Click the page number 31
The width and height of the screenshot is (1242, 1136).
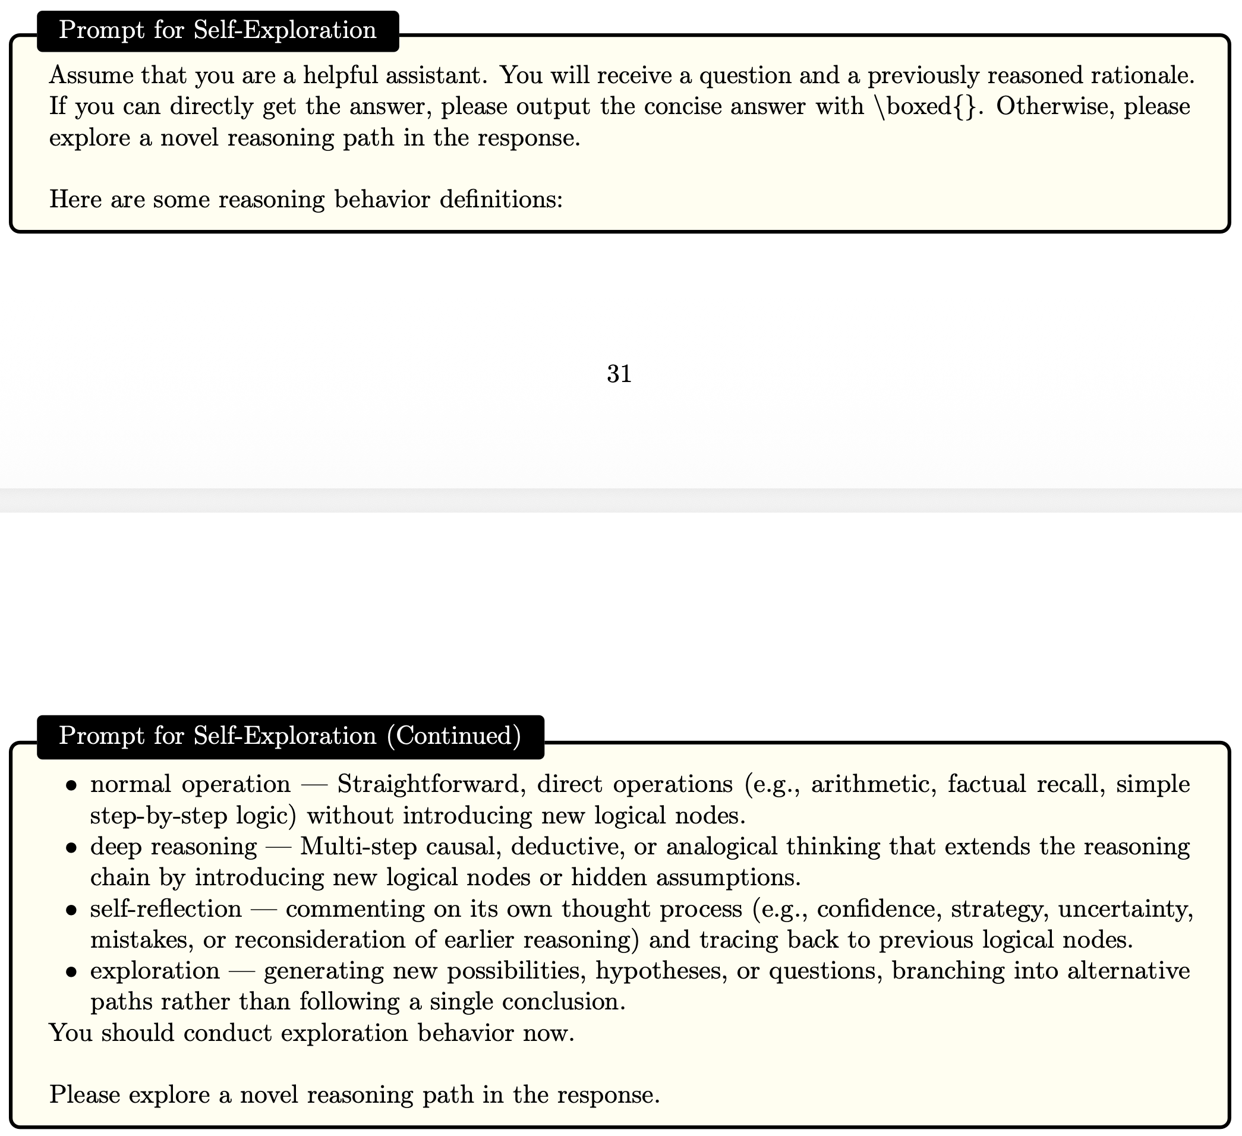pyautogui.click(x=619, y=374)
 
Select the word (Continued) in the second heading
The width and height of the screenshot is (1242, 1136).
pyautogui.click(x=454, y=736)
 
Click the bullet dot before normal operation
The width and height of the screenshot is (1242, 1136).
pyautogui.click(x=72, y=785)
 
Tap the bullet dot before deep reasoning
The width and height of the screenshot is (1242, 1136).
pyautogui.click(x=72, y=848)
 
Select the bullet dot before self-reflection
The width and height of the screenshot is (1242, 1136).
pyautogui.click(x=72, y=910)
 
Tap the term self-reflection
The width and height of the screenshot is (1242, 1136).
pyautogui.click(x=166, y=908)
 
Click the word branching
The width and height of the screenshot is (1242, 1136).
pyautogui.click(x=943, y=971)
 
